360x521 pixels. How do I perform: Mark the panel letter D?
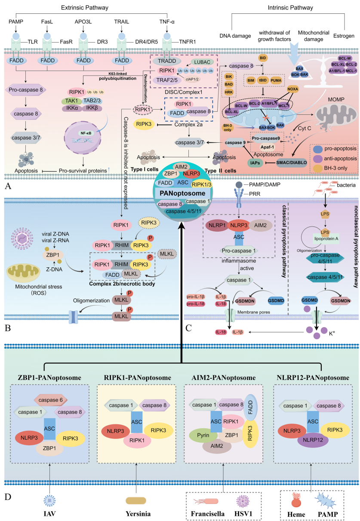pos(7,497)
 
